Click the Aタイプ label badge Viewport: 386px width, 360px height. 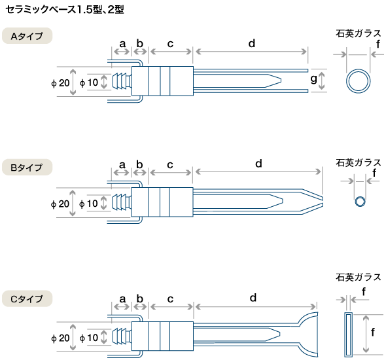27,36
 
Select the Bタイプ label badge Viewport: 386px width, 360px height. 27,167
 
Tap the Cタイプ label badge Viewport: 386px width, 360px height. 27,298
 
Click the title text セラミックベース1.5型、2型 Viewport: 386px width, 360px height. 65,9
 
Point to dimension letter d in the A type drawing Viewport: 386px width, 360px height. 252,43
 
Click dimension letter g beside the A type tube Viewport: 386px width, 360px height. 313,79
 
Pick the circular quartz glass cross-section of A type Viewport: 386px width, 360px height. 358,81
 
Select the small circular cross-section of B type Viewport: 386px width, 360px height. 360,202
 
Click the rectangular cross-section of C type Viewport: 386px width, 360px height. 348,334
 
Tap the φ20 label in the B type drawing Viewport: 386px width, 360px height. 60,204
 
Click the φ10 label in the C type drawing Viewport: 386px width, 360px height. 89,338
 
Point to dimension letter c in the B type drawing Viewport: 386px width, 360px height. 170,165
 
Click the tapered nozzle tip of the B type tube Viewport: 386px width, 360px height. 312,201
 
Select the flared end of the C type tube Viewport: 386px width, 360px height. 307,334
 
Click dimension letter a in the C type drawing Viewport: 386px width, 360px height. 122,299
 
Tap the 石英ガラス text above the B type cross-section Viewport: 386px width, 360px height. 358,163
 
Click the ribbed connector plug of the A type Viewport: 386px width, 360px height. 122,81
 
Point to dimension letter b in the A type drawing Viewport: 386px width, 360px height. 139,43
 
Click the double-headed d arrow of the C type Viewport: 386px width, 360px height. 256,307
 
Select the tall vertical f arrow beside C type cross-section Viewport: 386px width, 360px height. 366,334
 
